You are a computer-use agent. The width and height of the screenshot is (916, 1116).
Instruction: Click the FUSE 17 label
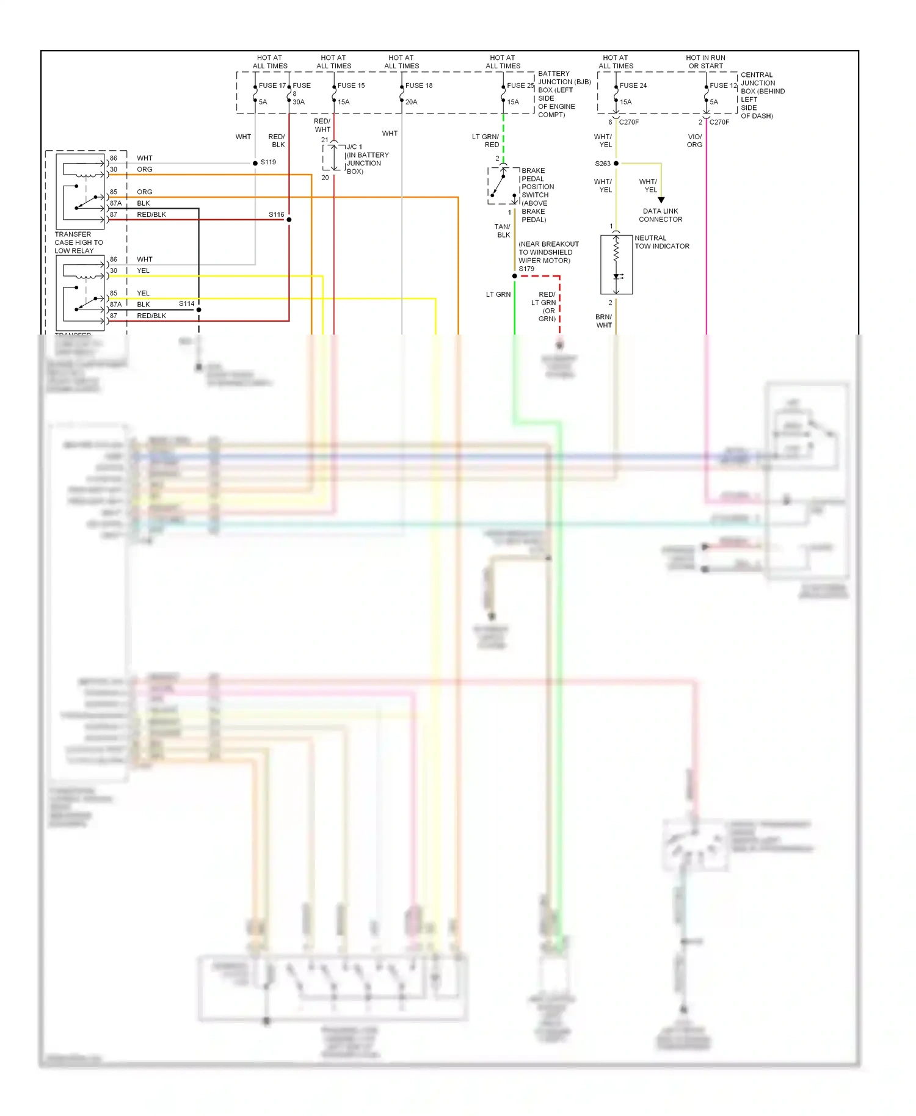click(272, 85)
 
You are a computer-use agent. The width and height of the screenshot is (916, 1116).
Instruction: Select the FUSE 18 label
click(419, 85)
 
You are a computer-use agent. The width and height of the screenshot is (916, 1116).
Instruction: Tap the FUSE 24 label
click(633, 85)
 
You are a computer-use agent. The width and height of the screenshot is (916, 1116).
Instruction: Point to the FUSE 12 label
click(723, 85)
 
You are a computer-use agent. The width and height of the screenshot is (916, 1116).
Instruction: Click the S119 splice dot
click(255, 163)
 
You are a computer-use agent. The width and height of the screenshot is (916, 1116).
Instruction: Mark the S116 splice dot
click(289, 219)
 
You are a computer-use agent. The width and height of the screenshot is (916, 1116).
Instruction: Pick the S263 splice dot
click(616, 164)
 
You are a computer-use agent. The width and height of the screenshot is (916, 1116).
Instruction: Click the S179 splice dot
click(515, 276)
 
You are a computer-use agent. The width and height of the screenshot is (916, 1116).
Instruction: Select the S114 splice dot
click(198, 310)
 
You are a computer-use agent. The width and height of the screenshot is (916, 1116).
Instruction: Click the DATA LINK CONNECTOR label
click(661, 215)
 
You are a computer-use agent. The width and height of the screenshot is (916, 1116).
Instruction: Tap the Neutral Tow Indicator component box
click(616, 265)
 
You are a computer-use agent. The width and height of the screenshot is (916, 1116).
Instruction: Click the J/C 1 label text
click(354, 147)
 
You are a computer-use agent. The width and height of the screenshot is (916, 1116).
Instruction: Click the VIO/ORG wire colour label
click(694, 140)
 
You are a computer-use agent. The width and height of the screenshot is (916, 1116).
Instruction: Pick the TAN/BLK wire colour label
click(503, 230)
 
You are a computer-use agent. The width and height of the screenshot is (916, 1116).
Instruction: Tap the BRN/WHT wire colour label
click(603, 321)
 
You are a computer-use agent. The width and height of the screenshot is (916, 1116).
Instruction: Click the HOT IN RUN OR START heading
click(705, 62)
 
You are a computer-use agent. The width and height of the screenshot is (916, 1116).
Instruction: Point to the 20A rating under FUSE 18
click(411, 102)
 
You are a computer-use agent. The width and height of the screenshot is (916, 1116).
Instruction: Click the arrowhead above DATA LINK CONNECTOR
click(661, 200)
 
